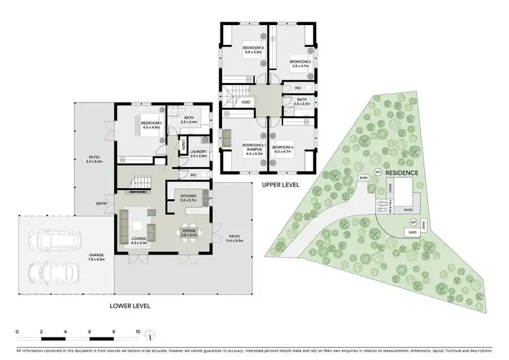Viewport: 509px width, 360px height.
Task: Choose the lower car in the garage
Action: (52, 270)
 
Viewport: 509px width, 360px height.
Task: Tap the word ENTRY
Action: (102, 202)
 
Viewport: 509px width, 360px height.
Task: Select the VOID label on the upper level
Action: (245, 103)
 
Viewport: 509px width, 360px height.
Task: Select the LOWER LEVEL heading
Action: (130, 306)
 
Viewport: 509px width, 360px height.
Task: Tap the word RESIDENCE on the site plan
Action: (402, 173)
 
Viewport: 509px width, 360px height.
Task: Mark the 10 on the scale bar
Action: (138, 332)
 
